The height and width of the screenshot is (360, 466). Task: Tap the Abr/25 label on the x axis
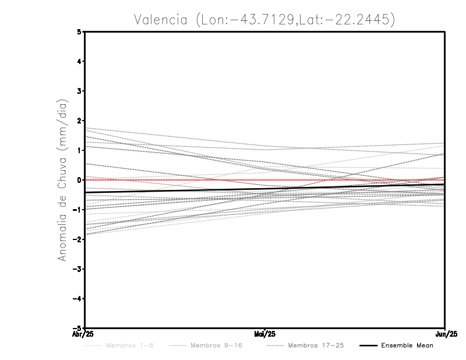point(86,334)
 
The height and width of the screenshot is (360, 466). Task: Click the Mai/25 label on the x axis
point(265,334)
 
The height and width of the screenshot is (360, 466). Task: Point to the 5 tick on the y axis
point(79,32)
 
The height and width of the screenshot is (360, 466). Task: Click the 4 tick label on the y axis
point(79,62)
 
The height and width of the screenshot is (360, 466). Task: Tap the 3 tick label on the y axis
point(79,91)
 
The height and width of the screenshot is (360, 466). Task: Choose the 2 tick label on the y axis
point(79,121)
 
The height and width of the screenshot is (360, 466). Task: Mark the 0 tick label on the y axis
point(79,180)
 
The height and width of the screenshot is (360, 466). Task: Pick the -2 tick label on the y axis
point(77,239)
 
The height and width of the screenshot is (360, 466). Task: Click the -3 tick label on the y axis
point(77,269)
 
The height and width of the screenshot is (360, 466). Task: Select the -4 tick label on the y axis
point(77,298)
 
